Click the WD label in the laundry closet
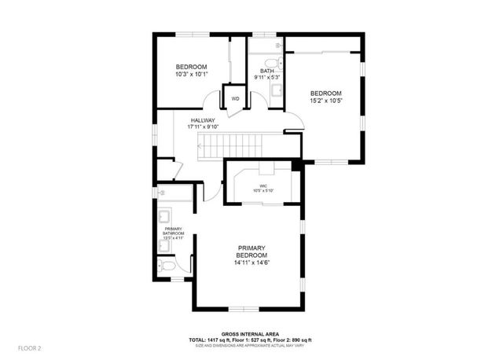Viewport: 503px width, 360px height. (235, 98)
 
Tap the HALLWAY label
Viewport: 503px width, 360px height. (202, 120)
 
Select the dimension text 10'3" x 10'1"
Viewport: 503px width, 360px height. (191, 75)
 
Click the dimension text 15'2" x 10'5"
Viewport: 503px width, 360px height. (325, 100)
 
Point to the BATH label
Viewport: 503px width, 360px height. (266, 72)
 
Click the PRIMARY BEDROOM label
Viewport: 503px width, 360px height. (251, 252)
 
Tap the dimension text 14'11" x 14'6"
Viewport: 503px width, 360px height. (251, 263)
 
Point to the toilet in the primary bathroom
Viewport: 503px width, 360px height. (169, 266)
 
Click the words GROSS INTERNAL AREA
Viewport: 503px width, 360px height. (251, 333)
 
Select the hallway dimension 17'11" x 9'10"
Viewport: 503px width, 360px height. (202, 127)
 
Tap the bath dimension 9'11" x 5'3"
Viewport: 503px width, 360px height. (266, 78)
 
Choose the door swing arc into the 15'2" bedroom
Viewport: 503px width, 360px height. (293, 123)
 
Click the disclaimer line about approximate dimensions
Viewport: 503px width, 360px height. (251, 345)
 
